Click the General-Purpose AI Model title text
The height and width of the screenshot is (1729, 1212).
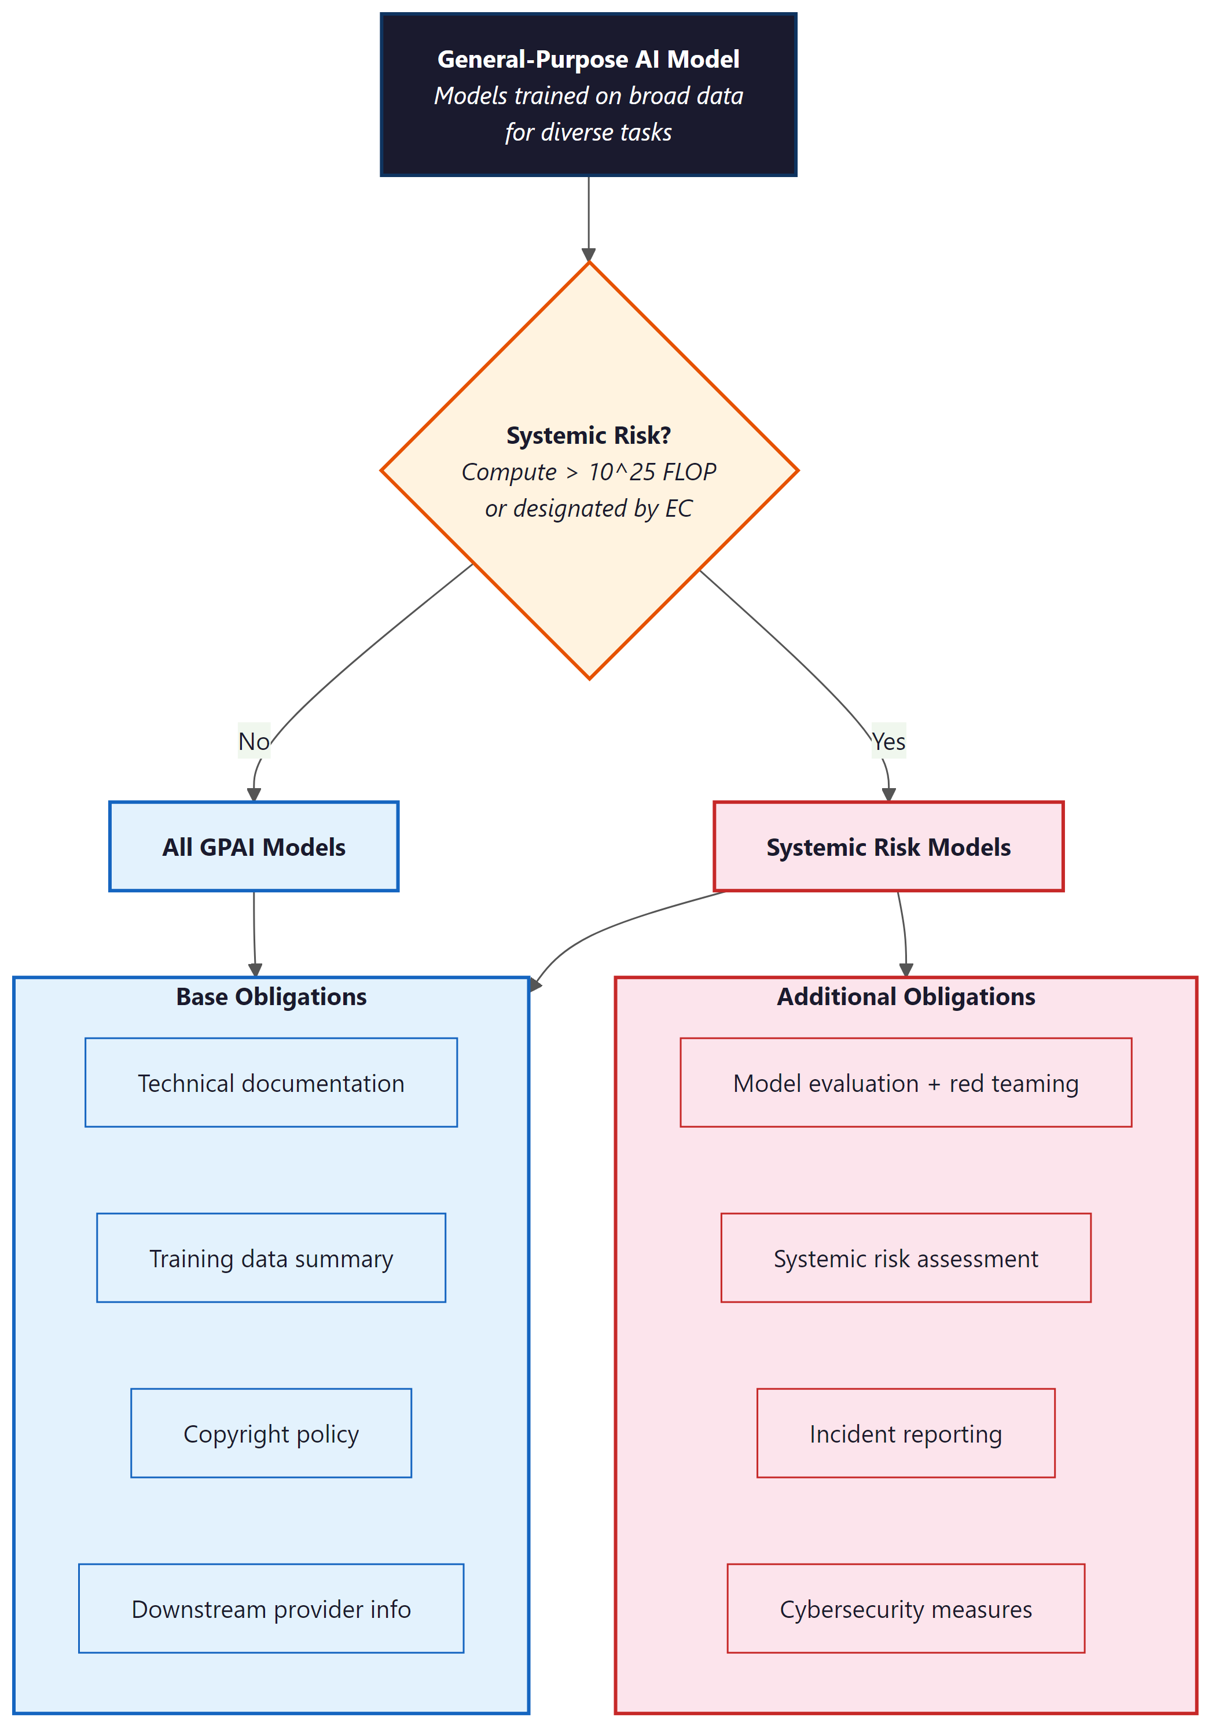point(588,60)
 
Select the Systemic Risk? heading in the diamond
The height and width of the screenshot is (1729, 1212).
point(588,435)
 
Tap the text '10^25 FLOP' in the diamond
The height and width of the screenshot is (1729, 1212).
point(652,472)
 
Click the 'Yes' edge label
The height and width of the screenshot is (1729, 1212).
point(889,741)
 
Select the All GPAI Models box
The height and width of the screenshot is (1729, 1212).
point(254,847)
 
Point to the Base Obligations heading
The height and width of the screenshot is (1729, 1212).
point(271,996)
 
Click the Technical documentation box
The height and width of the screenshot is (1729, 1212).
point(271,1083)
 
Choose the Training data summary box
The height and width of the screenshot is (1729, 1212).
point(271,1259)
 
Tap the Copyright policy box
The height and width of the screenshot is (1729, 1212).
point(271,1434)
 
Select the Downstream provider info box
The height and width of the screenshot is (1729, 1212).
point(271,1609)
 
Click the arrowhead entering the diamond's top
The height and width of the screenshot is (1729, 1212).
point(588,255)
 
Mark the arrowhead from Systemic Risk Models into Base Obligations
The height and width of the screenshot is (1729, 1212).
point(535,984)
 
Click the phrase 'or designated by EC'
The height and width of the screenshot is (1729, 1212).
point(588,508)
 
